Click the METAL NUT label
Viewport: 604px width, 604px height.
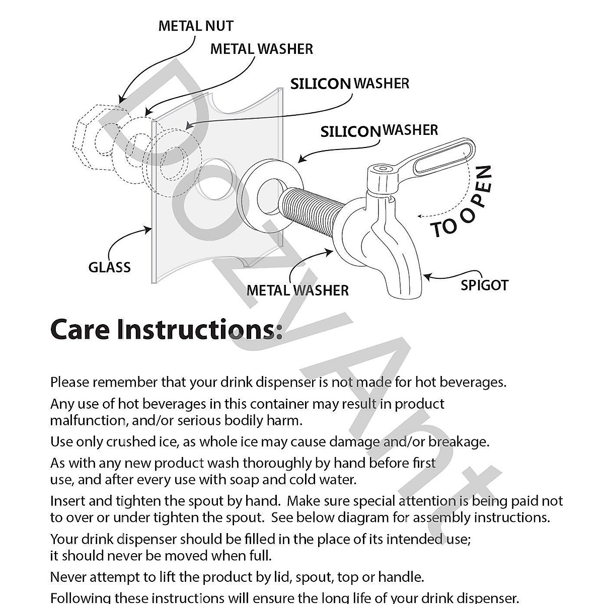196,26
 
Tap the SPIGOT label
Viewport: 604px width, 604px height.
484,285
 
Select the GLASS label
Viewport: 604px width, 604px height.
109,267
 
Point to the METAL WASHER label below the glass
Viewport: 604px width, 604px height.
297,290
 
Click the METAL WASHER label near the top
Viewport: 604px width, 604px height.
261,49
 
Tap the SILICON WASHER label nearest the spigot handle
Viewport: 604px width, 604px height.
379,131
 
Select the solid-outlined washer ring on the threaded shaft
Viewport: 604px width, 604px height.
270,195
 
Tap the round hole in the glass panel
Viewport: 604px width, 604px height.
215,179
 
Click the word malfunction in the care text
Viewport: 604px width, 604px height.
89,421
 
